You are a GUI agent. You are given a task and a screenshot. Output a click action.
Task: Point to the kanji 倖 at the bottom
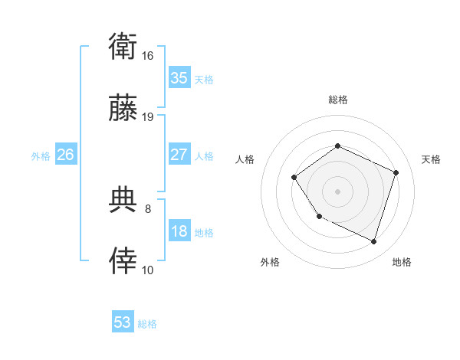tap(123, 261)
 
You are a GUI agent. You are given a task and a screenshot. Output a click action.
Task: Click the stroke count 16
tap(148, 56)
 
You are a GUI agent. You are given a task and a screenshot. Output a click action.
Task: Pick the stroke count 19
tap(148, 117)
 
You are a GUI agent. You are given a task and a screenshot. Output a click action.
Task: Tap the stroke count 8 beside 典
tap(148, 208)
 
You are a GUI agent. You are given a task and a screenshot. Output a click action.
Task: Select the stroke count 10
tap(148, 270)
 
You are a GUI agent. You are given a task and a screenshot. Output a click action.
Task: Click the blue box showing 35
tap(179, 78)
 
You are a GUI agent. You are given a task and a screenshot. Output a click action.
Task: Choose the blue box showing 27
tap(179, 155)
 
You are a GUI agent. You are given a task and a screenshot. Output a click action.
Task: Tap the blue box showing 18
tap(179, 231)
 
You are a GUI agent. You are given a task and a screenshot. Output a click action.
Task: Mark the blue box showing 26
tap(65, 155)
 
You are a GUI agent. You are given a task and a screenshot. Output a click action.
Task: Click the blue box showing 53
tap(123, 322)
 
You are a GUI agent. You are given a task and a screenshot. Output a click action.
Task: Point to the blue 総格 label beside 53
tap(147, 324)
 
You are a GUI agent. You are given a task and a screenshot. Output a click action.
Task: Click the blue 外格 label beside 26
tap(41, 156)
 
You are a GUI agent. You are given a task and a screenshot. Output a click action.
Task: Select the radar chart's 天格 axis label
tap(432, 159)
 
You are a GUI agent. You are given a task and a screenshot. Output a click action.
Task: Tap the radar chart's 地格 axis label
tap(402, 263)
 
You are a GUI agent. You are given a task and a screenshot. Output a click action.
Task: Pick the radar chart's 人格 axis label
tap(245, 159)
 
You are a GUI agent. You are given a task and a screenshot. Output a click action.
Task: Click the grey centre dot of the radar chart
tap(337, 191)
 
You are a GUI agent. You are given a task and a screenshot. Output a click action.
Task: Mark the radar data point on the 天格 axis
tap(396, 172)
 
